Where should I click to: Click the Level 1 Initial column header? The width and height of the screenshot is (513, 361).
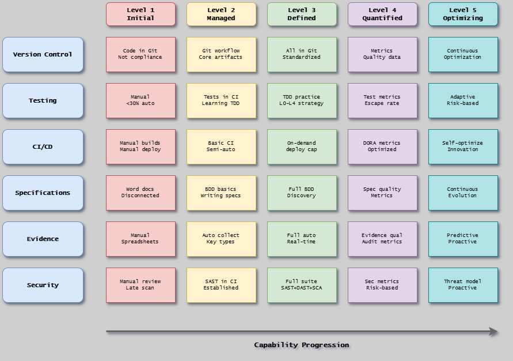tap(140, 14)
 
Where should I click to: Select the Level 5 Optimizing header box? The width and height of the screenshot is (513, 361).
tap(463, 14)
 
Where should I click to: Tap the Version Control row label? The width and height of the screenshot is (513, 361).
tap(43, 55)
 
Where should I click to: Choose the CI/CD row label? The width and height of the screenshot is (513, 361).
tap(43, 147)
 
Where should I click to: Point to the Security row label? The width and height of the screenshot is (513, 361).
tap(43, 285)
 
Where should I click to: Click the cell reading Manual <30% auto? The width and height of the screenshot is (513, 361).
tap(140, 100)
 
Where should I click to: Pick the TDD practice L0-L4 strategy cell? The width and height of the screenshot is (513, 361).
tap(302, 100)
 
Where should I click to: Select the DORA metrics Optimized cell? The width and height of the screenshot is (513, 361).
tap(382, 146)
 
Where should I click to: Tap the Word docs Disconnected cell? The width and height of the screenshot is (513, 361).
tap(140, 193)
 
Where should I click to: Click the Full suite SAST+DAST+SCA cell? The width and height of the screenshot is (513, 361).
tap(302, 285)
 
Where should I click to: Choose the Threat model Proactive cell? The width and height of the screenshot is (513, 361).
tap(463, 285)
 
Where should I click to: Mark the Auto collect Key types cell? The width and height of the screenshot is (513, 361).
tap(221, 239)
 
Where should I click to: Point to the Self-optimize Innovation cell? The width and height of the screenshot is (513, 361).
tap(463, 146)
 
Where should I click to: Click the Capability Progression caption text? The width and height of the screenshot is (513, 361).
tap(302, 345)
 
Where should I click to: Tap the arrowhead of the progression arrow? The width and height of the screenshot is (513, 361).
tap(494, 331)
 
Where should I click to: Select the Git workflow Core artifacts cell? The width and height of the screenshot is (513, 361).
tap(221, 54)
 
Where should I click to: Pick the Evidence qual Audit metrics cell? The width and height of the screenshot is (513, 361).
tap(382, 239)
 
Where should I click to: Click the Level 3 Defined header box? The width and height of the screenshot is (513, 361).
tap(302, 14)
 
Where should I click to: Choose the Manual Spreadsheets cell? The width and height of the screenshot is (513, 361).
tap(140, 239)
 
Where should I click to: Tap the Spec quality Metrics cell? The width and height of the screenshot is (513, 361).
tap(382, 193)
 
